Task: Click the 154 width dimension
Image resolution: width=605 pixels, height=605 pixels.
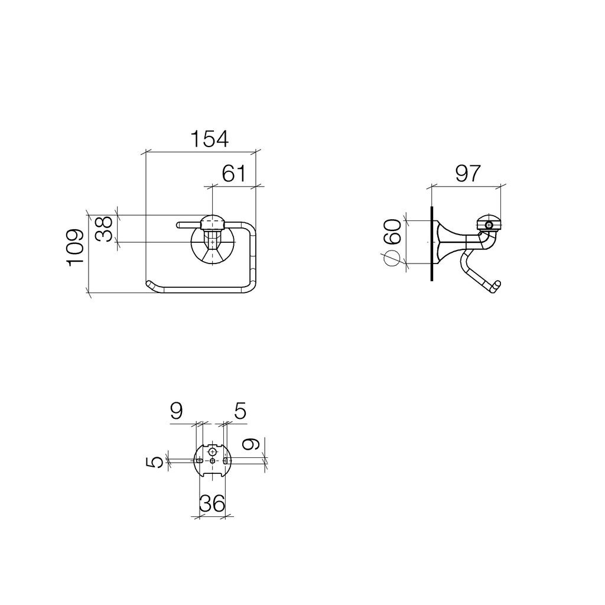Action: [210, 139]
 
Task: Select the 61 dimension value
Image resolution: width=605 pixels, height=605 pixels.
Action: [234, 174]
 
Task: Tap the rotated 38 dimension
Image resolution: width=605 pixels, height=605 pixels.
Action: [104, 229]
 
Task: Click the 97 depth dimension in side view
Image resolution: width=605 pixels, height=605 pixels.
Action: [468, 174]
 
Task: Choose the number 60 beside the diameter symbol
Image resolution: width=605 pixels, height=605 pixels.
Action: [393, 232]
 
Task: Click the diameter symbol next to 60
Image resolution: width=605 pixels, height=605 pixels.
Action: [390, 258]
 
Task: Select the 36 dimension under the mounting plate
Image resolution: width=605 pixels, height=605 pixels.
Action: [212, 503]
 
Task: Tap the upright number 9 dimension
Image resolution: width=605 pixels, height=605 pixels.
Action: [176, 411]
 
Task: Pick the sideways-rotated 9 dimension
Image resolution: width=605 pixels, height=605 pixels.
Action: [251, 444]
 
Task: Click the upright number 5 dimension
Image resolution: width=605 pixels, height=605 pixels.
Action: [240, 411]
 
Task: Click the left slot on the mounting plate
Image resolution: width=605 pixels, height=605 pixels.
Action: [199, 461]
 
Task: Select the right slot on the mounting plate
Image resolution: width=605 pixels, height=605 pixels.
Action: [225, 461]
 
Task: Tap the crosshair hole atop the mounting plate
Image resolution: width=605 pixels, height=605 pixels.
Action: [212, 451]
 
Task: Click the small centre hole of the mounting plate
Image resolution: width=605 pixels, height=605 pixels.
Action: [212, 461]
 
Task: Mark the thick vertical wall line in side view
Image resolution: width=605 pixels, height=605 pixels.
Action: [432, 243]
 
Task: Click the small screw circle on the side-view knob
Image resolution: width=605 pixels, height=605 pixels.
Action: [490, 225]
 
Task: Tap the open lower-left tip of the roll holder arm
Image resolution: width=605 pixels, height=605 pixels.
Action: [149, 284]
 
